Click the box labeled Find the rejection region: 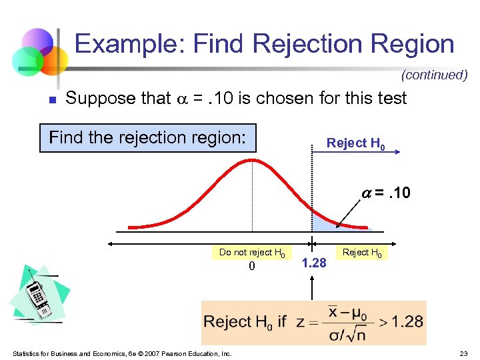tap(148, 138)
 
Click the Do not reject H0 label tap(253, 252)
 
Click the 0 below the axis tap(251, 266)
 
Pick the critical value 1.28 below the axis tap(314, 263)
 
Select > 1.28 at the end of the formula tap(399, 321)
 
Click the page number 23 tap(463, 353)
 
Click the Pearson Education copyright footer tap(121, 353)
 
